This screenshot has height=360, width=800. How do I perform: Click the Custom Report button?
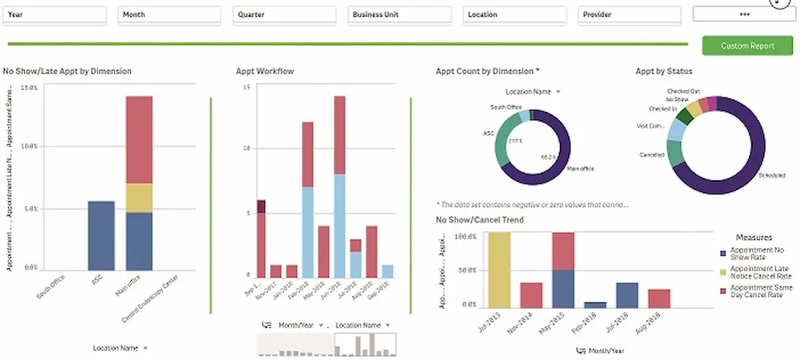(x=748, y=45)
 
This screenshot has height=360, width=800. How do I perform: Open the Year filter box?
(x=55, y=15)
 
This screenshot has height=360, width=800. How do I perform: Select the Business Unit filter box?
(x=399, y=15)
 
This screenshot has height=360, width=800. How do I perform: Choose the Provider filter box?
(x=630, y=15)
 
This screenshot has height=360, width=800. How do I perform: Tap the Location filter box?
(x=514, y=15)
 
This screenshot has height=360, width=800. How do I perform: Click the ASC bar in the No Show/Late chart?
(x=100, y=236)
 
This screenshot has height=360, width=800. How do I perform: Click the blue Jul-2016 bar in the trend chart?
(x=627, y=295)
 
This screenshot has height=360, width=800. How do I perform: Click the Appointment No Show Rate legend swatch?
(x=722, y=253)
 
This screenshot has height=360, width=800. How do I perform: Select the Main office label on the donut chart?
(x=580, y=169)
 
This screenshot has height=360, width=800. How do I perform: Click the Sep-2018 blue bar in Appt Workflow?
(x=388, y=271)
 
